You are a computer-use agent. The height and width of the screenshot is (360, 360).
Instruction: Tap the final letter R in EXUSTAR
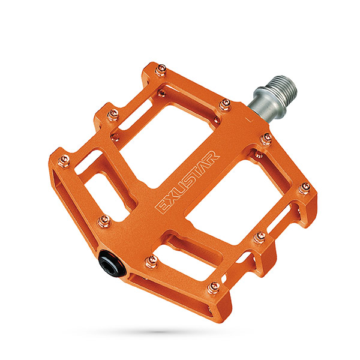coord(211,157)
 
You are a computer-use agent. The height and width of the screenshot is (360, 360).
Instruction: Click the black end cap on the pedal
coord(112,263)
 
